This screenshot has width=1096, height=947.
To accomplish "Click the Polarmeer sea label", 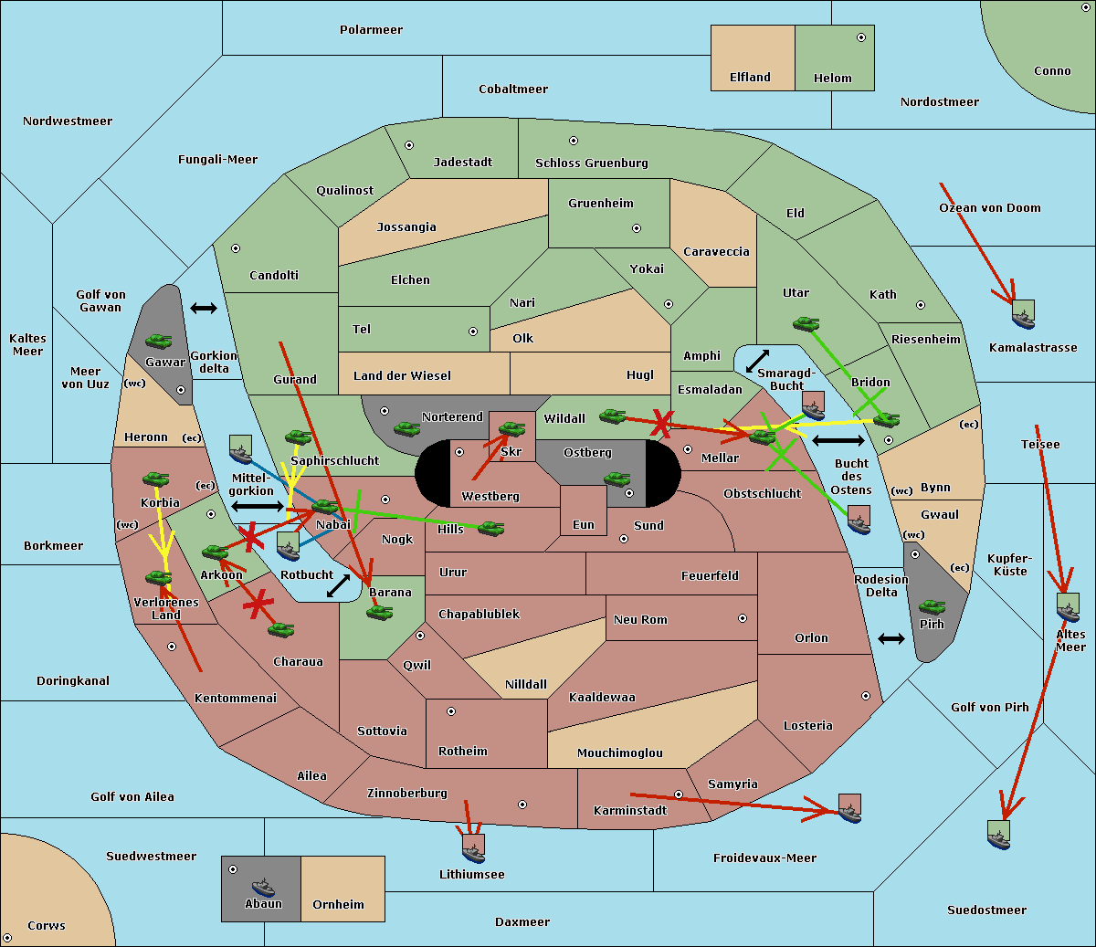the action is [x=371, y=30].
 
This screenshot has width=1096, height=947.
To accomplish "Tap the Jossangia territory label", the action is [x=406, y=227].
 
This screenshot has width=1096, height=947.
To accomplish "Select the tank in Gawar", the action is [x=159, y=341].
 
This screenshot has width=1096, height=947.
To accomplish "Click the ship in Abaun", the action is [x=264, y=887].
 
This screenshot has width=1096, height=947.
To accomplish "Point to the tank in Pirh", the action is [x=932, y=606].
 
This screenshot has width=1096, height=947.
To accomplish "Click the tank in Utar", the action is [x=806, y=323].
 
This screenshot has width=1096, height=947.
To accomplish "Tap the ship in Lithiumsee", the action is [x=473, y=848].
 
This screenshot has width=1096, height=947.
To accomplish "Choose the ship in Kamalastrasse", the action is [x=1023, y=314].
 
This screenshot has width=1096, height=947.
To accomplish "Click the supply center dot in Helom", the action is [x=861, y=37].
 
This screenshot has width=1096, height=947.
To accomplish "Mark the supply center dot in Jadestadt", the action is [x=409, y=145].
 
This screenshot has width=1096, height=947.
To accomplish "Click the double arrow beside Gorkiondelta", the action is [x=204, y=308].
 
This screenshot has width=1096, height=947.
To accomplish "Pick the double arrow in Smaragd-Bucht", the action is [x=757, y=361].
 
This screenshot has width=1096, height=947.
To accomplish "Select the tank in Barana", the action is [x=380, y=613].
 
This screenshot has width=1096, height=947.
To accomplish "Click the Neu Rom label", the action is [x=640, y=619].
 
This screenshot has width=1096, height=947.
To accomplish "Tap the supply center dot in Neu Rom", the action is [x=743, y=618].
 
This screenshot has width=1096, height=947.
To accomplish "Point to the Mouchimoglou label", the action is [x=620, y=752].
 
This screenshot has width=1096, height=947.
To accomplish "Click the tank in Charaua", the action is [x=280, y=630].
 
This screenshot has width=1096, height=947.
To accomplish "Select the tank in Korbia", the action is [x=156, y=479].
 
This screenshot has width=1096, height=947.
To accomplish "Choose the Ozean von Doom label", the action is [x=989, y=208].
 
